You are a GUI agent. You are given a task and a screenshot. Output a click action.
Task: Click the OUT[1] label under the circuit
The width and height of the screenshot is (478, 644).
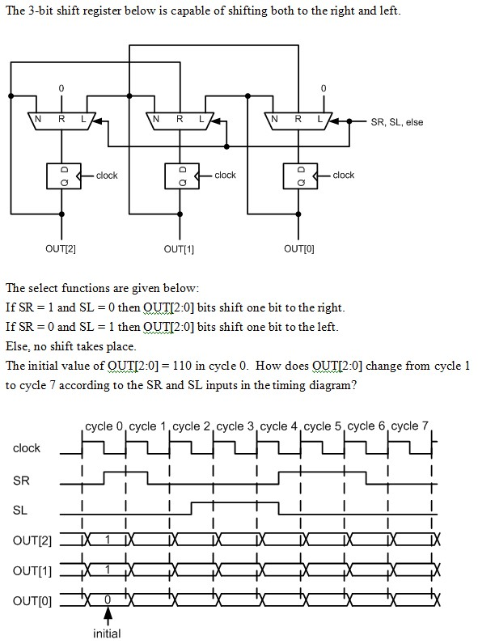coord(180,249)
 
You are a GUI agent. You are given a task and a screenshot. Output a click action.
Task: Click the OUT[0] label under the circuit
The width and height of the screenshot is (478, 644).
coord(298,249)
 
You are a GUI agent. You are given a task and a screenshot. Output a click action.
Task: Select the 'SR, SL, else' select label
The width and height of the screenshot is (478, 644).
coord(396,123)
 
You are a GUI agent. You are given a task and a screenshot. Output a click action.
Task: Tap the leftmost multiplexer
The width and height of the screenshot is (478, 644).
coord(61,121)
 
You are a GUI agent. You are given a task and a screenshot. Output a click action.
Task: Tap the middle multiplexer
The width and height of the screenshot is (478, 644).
coord(180,121)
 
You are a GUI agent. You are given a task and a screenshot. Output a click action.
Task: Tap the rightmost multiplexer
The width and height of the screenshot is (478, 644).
coord(299,121)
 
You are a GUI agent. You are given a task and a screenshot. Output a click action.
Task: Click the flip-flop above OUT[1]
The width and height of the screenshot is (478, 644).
coord(180,175)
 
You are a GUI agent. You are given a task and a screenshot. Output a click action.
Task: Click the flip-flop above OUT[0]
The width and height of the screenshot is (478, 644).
coord(299,175)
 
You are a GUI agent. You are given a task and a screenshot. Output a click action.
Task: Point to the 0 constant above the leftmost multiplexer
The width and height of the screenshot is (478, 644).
coord(61,87)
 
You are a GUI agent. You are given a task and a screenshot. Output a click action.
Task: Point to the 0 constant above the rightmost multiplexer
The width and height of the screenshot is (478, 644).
coord(324,87)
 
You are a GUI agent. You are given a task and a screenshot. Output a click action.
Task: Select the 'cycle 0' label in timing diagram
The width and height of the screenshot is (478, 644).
coord(104,426)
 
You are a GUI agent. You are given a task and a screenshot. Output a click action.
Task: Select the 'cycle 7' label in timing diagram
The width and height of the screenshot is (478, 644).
coord(409,426)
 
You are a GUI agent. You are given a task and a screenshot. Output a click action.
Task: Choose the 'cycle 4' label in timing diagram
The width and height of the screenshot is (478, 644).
coord(278,426)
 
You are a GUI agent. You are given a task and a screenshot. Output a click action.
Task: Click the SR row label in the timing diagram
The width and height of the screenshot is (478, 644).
coord(21,481)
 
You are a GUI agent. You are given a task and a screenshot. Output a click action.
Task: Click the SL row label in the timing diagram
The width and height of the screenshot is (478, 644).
coord(20,511)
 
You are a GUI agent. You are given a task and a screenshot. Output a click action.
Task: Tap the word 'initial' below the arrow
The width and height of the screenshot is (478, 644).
coord(107,633)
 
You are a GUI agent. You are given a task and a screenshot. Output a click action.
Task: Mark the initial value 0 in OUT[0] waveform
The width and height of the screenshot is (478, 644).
coord(107,600)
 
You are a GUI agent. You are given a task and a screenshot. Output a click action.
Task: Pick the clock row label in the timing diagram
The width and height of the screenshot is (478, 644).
coord(27,448)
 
